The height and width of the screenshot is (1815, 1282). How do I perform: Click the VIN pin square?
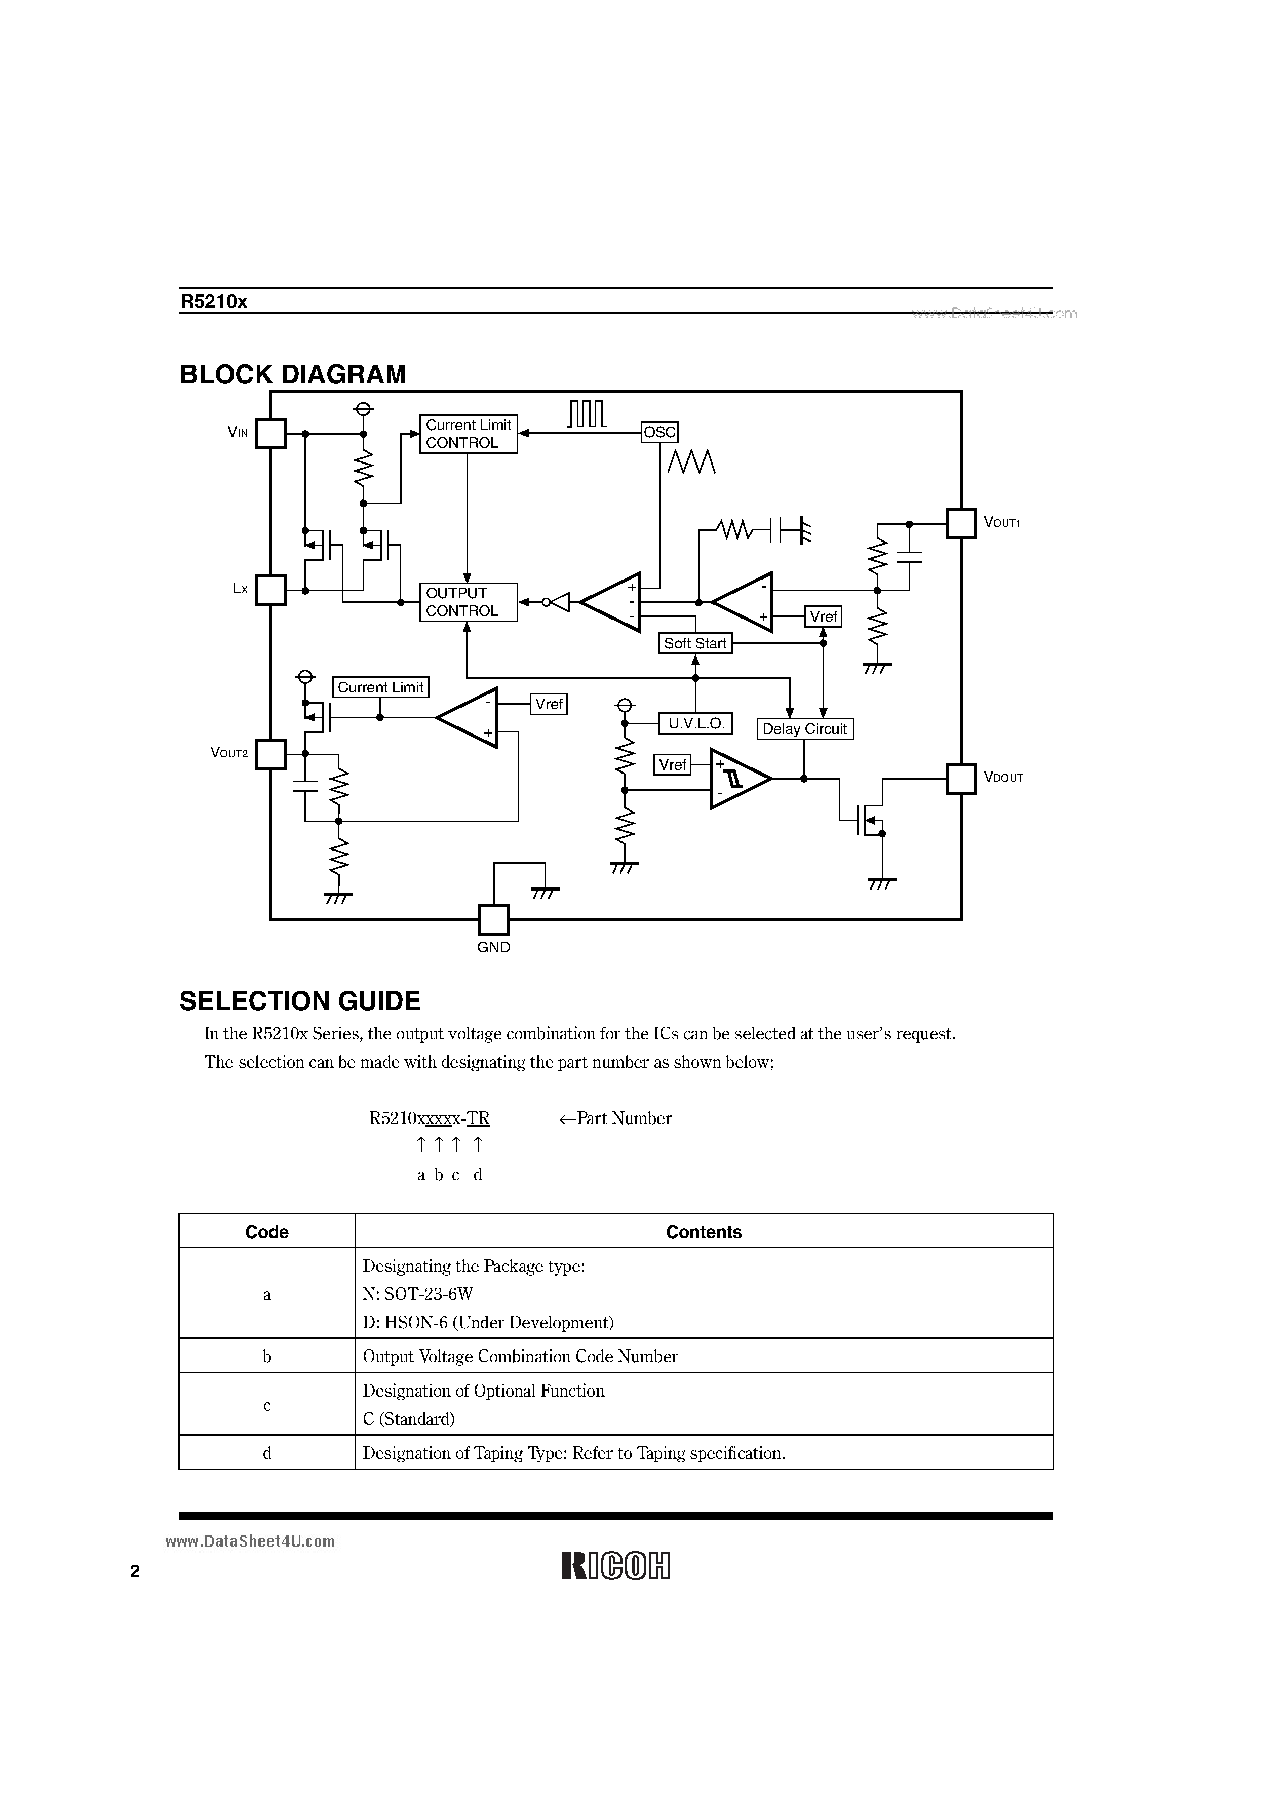tap(270, 433)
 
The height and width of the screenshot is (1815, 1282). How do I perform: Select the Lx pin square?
tap(270, 590)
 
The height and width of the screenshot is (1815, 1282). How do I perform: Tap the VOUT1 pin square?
tap(961, 523)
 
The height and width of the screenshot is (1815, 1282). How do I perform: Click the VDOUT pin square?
tap(961, 779)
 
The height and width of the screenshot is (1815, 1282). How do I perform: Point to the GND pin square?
tap(494, 919)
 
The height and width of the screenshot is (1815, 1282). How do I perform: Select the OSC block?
tap(659, 432)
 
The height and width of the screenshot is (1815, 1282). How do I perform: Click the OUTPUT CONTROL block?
tap(468, 602)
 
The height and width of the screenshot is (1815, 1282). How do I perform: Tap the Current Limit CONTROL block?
tap(468, 434)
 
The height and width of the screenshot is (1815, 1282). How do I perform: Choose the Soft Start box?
tap(695, 643)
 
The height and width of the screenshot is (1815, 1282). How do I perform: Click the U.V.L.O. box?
tap(695, 723)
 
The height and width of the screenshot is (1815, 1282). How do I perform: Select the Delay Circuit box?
tap(805, 729)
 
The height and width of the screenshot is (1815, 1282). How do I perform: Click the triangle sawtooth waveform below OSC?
tap(691, 461)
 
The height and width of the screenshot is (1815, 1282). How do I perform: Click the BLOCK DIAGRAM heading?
tap(292, 375)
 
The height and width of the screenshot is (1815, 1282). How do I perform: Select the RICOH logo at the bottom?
tap(616, 1565)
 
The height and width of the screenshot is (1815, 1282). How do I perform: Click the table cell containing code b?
tap(267, 1357)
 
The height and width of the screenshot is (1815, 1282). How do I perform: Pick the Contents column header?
tap(704, 1231)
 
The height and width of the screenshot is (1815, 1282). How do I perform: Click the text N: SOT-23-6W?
tap(417, 1294)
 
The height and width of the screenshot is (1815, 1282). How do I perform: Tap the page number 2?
tap(135, 1571)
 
